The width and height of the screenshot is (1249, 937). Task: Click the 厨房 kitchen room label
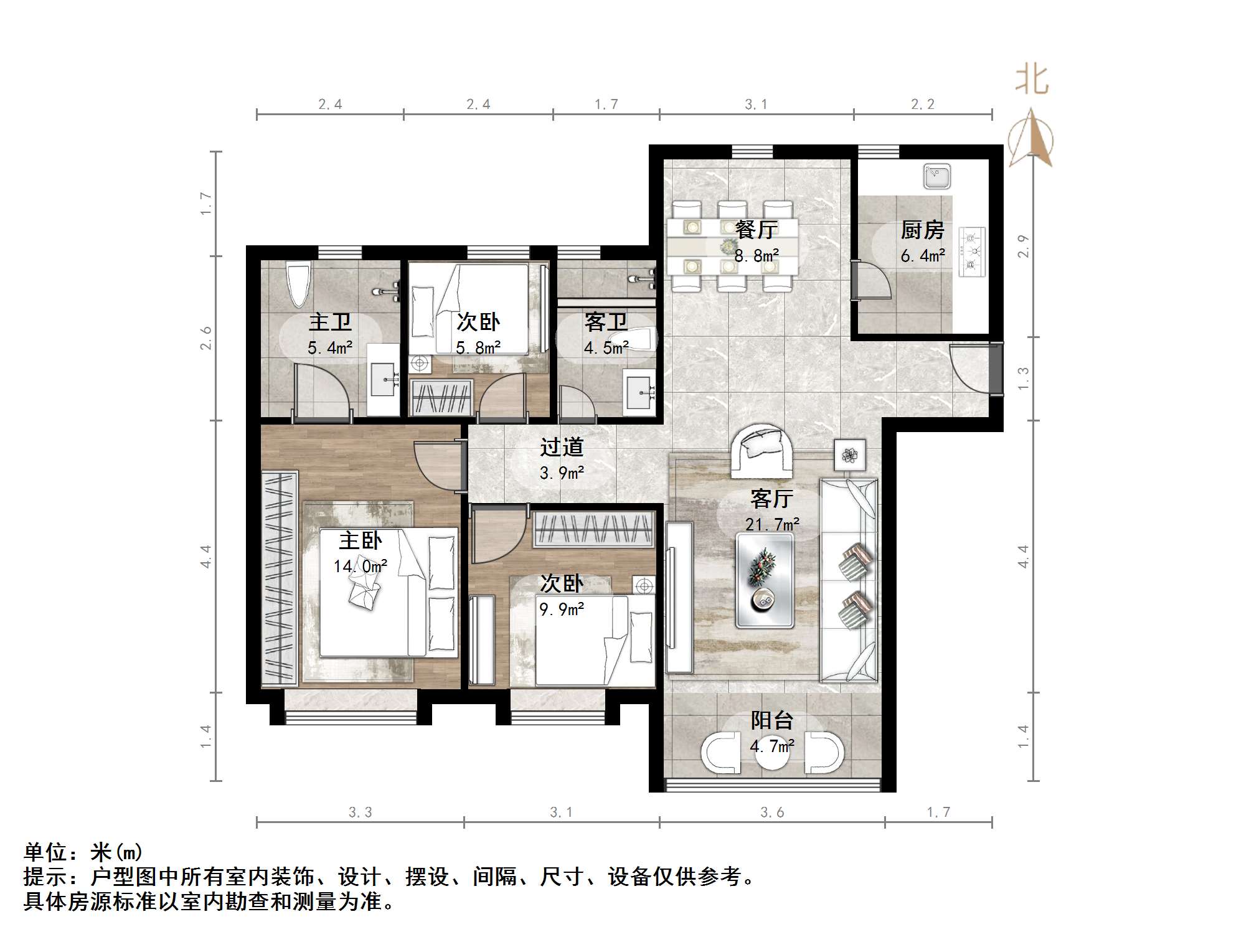[922, 230]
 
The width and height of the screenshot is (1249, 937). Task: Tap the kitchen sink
[936, 176]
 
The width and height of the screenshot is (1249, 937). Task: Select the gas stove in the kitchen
[972, 252]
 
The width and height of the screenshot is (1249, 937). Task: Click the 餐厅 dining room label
[756, 230]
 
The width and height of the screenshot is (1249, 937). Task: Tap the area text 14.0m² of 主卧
[360, 566]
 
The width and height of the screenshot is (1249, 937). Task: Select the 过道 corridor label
[562, 447]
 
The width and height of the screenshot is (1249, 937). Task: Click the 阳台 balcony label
[771, 720]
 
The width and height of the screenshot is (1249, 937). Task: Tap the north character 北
[1032, 81]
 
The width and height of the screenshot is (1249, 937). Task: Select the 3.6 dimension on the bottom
[772, 812]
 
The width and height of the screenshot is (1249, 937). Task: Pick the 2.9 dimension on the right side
[1023, 247]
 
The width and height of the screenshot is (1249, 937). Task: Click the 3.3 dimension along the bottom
[360, 812]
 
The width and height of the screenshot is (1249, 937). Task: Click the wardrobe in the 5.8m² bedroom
[441, 397]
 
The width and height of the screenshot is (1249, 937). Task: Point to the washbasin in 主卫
[383, 380]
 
